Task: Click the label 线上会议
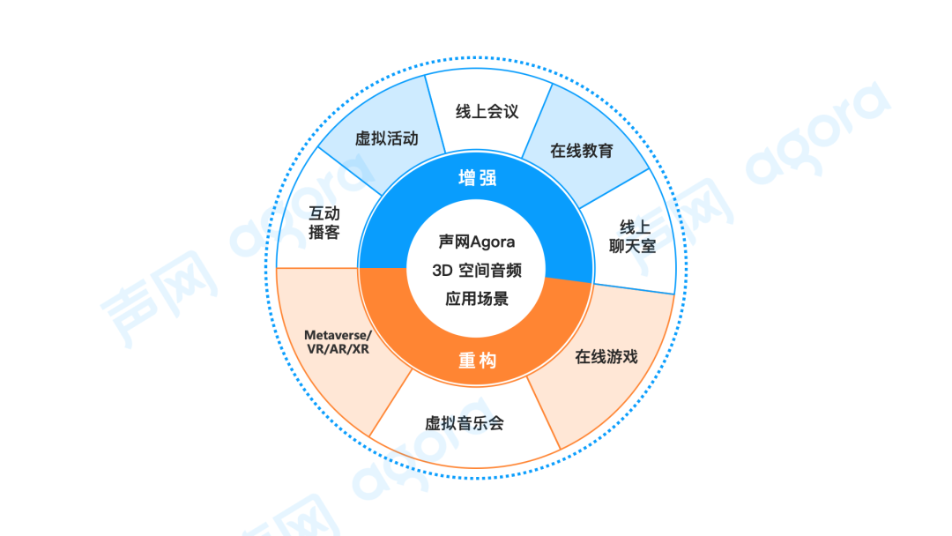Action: click(x=487, y=112)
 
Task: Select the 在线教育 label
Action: click(x=581, y=151)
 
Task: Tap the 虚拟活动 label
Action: click(x=386, y=139)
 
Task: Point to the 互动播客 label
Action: click(x=324, y=223)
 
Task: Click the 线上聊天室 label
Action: click(x=632, y=236)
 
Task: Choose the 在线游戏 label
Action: click(x=606, y=357)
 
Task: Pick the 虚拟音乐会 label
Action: click(x=465, y=423)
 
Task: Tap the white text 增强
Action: click(x=477, y=178)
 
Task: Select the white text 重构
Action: click(x=477, y=361)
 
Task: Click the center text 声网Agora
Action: click(x=477, y=242)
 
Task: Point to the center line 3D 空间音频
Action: click(x=477, y=270)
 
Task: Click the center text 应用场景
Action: click(x=477, y=298)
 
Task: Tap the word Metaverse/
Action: click(x=338, y=335)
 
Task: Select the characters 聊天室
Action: click(x=632, y=247)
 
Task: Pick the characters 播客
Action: click(x=324, y=234)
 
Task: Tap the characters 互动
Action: click(x=324, y=213)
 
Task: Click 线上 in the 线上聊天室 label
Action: click(x=632, y=227)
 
